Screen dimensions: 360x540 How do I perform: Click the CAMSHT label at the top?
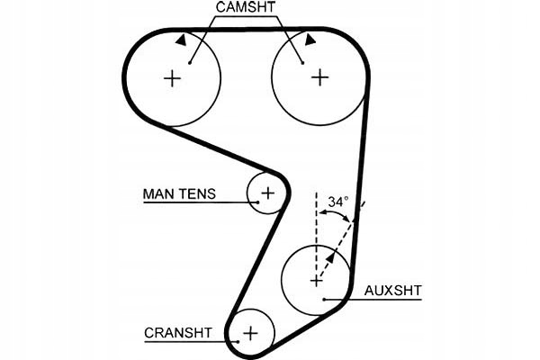tap(246, 8)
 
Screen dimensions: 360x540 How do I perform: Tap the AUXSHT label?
tap(392, 291)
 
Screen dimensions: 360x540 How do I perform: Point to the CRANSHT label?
tap(178, 332)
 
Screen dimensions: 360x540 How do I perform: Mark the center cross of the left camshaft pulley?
tap(172, 78)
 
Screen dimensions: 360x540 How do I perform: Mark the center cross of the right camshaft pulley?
tap(319, 78)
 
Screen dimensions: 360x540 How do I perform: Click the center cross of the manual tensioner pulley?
tap(268, 193)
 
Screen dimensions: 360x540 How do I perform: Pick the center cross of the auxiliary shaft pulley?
tap(316, 281)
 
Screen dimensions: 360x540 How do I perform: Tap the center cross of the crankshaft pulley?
tap(249, 334)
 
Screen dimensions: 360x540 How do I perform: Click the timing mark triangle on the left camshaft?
tap(182, 40)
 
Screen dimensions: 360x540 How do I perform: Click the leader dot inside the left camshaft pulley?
tap(191, 62)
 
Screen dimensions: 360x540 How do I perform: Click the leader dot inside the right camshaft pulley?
tap(301, 62)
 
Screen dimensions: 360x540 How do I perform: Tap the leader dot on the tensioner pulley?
tap(256, 202)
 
